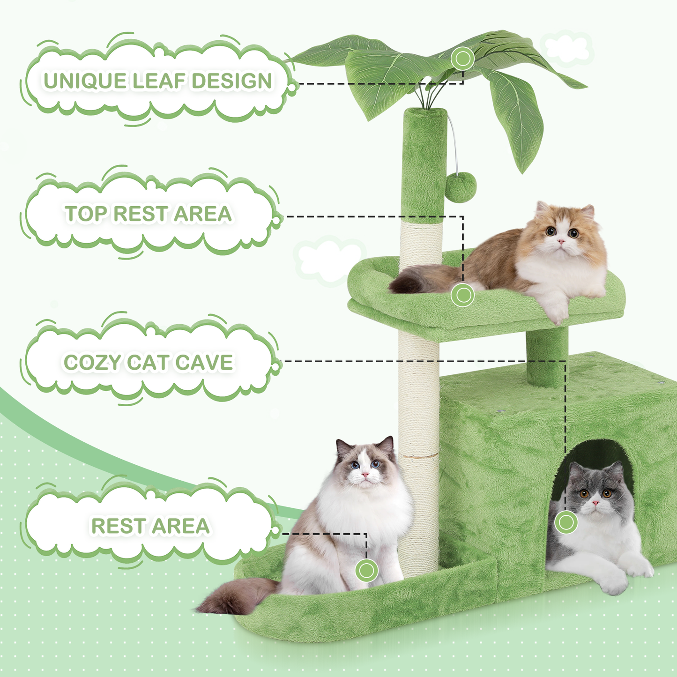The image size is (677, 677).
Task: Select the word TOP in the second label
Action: click(x=86, y=214)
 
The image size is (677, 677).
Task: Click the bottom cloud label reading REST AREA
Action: click(x=150, y=526)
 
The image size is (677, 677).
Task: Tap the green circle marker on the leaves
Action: click(x=463, y=59)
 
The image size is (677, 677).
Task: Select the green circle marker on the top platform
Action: click(x=463, y=295)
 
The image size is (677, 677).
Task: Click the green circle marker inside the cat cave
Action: click(x=566, y=522)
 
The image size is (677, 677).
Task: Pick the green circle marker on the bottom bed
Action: click(x=366, y=570)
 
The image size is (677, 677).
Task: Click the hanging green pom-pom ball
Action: click(x=461, y=187)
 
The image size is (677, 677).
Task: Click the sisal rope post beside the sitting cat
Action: click(x=419, y=506)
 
